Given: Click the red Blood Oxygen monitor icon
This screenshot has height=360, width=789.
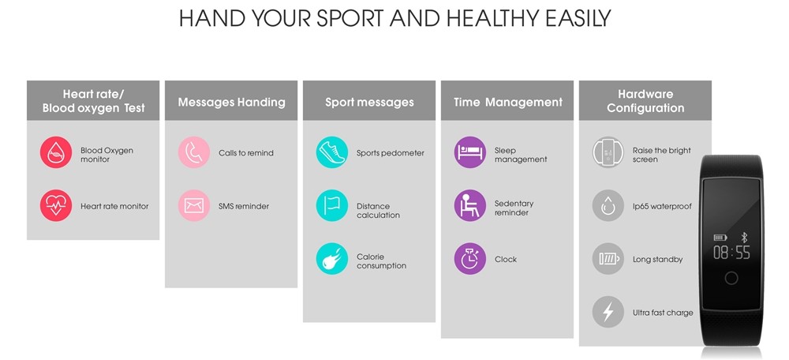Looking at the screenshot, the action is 56,152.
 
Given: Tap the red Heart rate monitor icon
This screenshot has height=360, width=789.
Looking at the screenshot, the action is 56,205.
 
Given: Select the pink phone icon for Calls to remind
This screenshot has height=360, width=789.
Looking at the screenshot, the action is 194,152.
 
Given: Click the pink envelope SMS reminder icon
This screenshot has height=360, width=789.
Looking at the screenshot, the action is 194,205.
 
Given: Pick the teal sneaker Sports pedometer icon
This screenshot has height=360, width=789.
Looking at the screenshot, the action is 332,152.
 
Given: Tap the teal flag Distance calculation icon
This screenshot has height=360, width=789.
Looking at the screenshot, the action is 332,205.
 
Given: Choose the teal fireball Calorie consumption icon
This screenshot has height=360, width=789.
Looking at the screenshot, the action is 332,259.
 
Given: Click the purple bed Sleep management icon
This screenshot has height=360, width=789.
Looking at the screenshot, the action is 470,152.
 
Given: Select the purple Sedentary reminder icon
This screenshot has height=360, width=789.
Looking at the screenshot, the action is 470,205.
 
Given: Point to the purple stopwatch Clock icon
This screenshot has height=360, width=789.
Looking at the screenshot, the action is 470,259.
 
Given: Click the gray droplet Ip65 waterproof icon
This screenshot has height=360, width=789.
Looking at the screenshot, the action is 608,205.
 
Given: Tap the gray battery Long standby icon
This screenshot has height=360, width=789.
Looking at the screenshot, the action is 608,259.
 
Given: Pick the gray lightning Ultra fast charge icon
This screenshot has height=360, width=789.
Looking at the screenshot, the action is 608,312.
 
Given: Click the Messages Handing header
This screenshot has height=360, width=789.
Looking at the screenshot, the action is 231,102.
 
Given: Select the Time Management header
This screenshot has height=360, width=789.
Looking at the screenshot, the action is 507,102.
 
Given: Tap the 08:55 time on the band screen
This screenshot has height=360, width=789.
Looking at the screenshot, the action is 731,253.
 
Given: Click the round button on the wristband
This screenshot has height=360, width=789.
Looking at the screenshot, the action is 731,278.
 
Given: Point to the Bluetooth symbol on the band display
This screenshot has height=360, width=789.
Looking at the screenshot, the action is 744,238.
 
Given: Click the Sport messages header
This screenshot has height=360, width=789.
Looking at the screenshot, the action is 369,102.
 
